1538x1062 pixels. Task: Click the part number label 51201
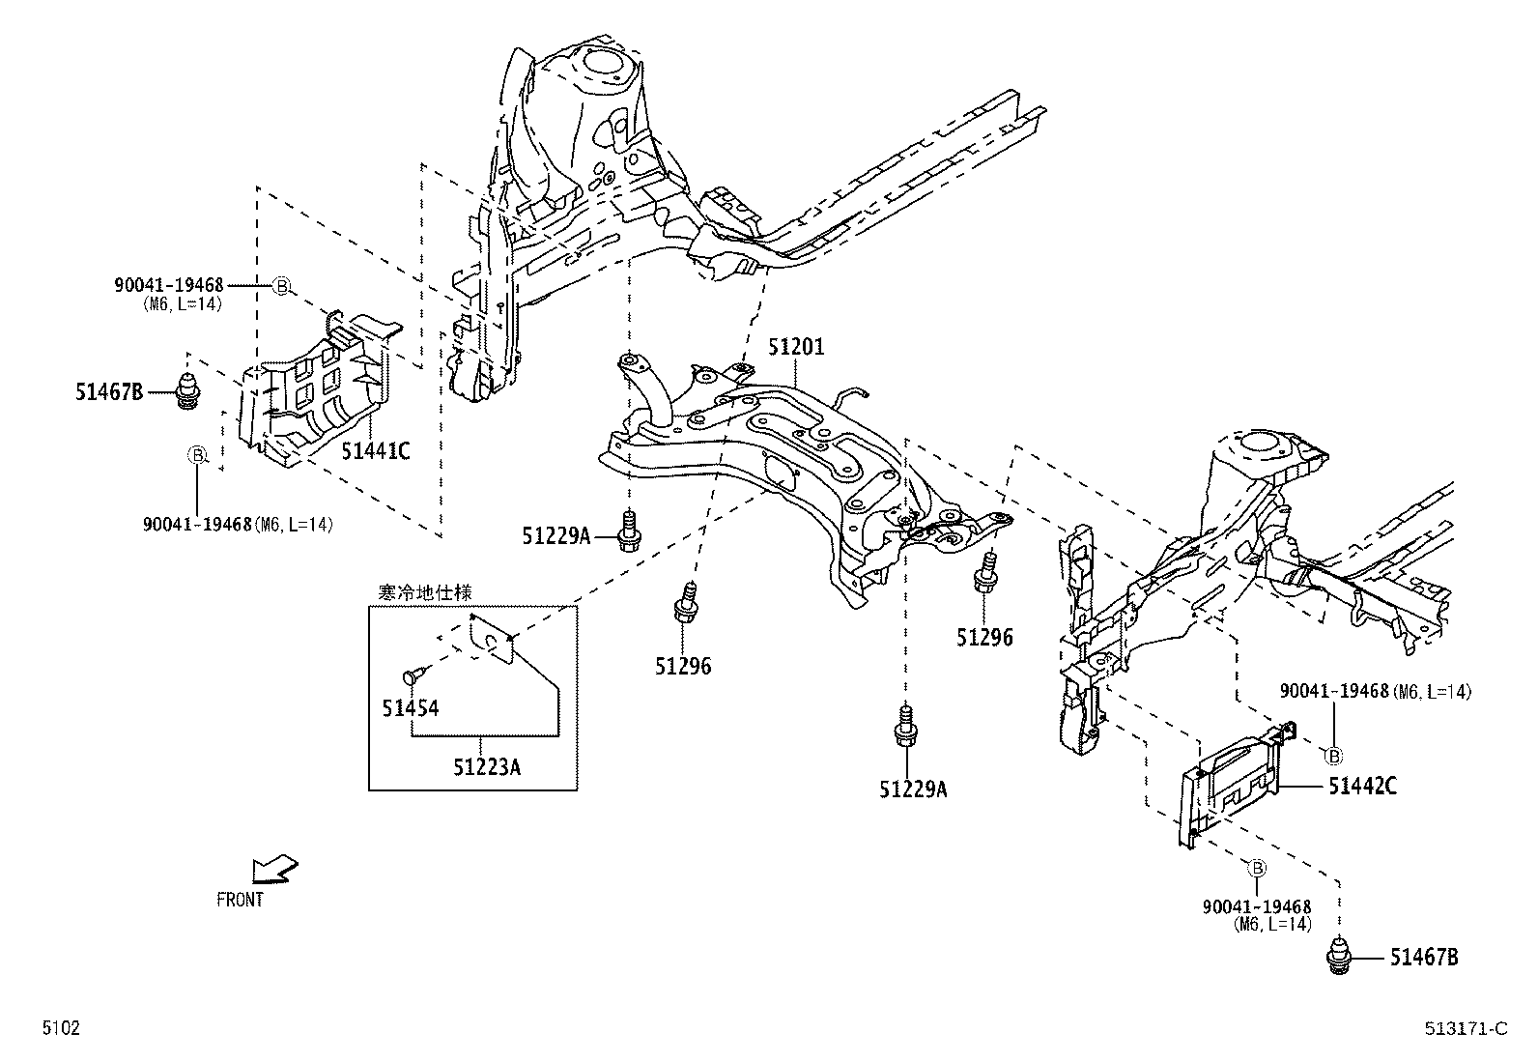pyautogui.click(x=797, y=347)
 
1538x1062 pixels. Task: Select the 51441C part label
pyautogui.click(x=376, y=450)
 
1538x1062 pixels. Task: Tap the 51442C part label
pyautogui.click(x=1361, y=786)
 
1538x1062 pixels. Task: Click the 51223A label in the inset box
pyautogui.click(x=487, y=766)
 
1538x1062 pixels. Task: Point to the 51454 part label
pyautogui.click(x=410, y=708)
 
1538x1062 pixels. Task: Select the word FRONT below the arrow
pyautogui.click(x=240, y=899)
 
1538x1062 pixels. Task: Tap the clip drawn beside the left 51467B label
pyautogui.click(x=188, y=389)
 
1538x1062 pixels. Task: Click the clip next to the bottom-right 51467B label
pyautogui.click(x=1339, y=957)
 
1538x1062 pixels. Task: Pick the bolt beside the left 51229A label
pyautogui.click(x=629, y=532)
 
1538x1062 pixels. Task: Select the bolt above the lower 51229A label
pyautogui.click(x=906, y=727)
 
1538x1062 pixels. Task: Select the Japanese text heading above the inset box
pyautogui.click(x=424, y=591)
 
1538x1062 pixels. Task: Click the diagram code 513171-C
pyautogui.click(x=1465, y=1028)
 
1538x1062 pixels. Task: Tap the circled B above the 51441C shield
pyautogui.click(x=281, y=285)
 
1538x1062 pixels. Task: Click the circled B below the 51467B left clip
pyautogui.click(x=196, y=455)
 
